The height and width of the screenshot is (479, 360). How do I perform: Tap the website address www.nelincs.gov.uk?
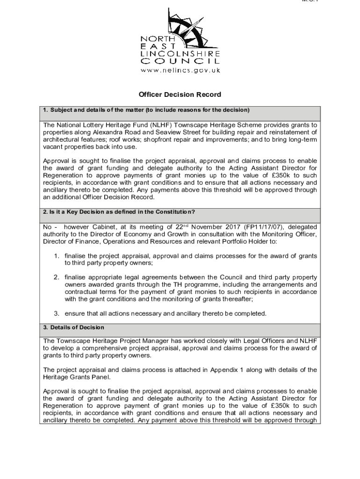click(180, 70)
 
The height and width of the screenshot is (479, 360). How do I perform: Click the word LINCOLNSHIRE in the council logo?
click(180, 54)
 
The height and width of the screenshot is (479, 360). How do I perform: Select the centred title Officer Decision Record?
click(180, 94)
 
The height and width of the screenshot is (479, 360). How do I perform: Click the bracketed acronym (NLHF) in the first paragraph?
click(164, 125)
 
